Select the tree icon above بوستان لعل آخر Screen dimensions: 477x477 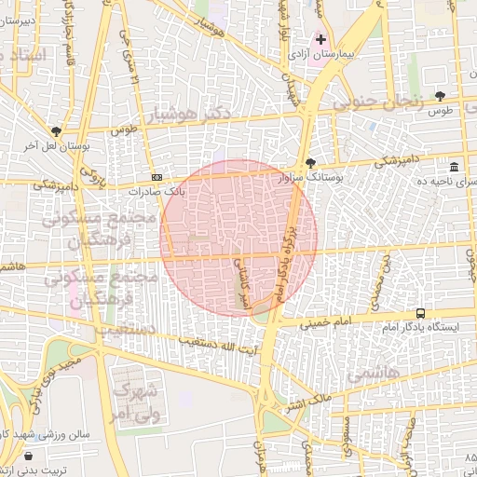[x=56, y=131]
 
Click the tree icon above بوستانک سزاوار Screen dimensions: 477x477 [x=310, y=164]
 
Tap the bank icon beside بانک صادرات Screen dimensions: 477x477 [x=157, y=177]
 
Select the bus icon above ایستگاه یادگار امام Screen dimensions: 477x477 [x=421, y=313]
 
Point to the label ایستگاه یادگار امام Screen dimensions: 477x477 [x=421, y=328]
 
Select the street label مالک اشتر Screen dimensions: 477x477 [x=308, y=403]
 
